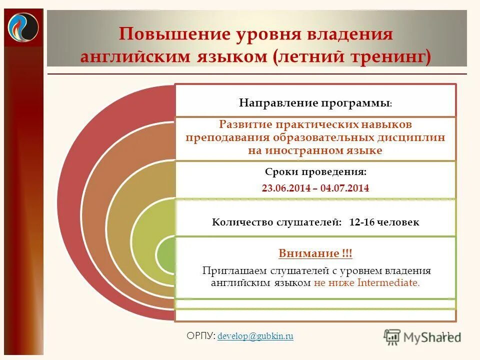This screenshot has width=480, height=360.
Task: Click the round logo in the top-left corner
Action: click(23, 28)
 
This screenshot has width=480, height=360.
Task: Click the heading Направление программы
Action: click(314, 103)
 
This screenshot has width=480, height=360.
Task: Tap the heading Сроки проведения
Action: click(315, 172)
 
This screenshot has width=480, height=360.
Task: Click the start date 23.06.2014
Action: click(283, 188)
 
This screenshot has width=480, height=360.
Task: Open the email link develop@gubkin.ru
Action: click(255, 336)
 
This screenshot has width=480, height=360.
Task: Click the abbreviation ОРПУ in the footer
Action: click(200, 336)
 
